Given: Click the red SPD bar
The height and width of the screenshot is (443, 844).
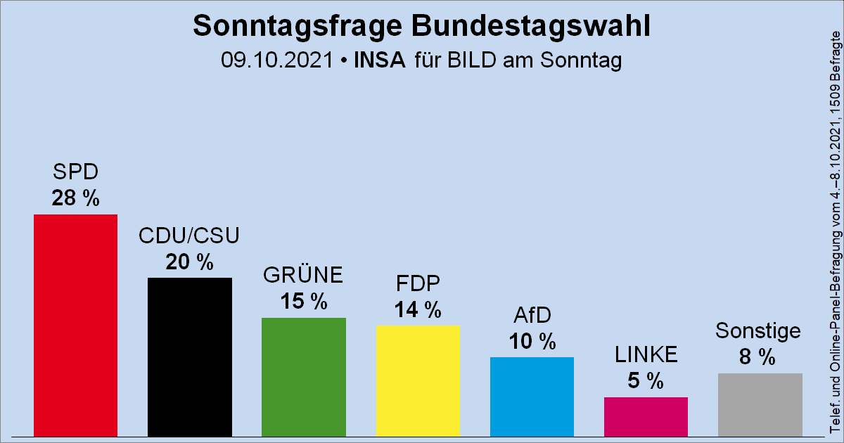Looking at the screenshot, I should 76,325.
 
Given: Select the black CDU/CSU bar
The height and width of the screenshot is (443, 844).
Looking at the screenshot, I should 190,357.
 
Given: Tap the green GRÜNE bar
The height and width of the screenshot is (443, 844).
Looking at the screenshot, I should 304,376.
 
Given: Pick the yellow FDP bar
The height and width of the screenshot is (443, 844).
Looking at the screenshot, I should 418,380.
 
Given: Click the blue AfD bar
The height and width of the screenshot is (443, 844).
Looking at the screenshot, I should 532,396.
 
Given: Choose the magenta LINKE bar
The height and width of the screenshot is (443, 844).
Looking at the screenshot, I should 646,416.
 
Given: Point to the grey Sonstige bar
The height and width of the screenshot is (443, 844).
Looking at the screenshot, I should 760,404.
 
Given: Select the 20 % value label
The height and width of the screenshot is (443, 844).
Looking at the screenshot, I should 189,262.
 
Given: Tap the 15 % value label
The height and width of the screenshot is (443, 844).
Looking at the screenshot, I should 304,302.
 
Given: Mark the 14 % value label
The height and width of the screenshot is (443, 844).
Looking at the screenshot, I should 418,309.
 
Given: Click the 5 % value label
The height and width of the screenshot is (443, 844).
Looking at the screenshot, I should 646,381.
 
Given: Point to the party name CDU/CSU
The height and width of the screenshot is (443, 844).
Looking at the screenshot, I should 189,236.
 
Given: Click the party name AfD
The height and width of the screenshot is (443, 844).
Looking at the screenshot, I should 532,316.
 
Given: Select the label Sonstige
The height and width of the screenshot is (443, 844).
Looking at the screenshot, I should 759,330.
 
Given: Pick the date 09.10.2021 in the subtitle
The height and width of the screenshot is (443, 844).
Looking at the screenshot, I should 276,60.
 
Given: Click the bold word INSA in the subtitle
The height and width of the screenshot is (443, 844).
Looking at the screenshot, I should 381,60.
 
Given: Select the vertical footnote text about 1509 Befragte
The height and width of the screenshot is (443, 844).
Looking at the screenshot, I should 835,232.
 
